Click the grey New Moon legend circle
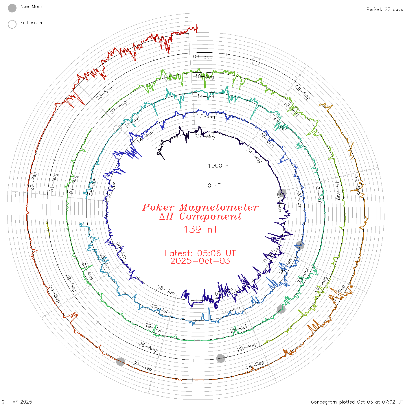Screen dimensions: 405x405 (12, 8)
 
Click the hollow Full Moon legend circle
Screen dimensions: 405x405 (12, 24)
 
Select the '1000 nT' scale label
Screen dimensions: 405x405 (220, 166)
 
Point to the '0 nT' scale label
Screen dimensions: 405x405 (214, 186)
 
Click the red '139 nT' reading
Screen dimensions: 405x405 (200, 229)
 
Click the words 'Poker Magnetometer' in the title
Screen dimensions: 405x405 (200, 207)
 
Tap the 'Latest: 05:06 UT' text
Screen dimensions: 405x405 (200, 253)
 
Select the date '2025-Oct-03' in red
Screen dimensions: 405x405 (200, 261)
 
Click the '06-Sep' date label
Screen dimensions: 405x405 (203, 57)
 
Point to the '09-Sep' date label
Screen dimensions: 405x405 (303, 92)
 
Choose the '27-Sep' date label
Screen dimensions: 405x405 (33, 181)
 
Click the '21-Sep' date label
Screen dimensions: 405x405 (143, 366)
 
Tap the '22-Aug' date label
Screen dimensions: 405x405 (246, 347)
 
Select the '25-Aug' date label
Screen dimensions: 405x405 (148, 347)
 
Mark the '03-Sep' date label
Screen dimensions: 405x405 (104, 93)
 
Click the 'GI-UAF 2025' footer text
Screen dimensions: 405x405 (17, 402)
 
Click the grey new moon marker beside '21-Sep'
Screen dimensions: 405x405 (121, 361)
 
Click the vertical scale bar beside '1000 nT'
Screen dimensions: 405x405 (199, 176)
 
